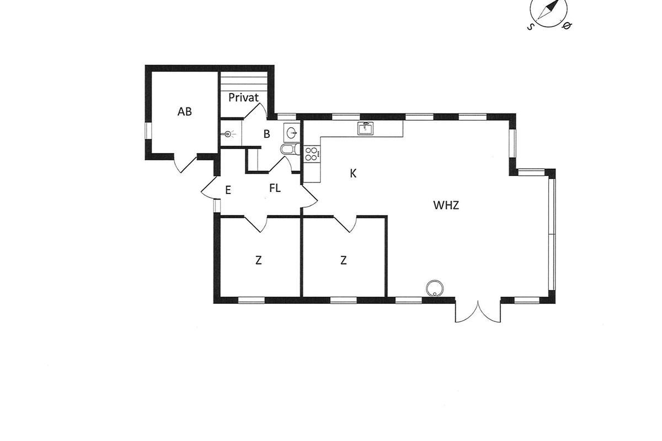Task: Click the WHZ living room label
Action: coord(446,205)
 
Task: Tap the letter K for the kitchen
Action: coord(353,174)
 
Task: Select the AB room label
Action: coord(184,111)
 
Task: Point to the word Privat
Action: coord(243,97)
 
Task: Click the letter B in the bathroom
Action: coord(266,134)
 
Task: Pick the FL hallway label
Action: coord(275,188)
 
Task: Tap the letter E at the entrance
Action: coord(228,190)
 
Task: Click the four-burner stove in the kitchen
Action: coord(312,154)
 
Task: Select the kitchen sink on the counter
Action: coord(365,128)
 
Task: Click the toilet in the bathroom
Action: coord(291,149)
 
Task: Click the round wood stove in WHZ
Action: coord(435,288)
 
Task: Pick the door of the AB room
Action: coord(184,164)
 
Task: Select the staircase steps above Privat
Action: coord(244,81)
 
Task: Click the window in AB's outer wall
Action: coord(148,131)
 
